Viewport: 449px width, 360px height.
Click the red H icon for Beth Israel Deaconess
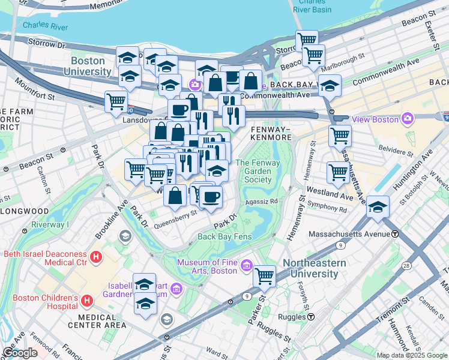coord(96,258)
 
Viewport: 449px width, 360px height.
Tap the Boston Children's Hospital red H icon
coord(86,299)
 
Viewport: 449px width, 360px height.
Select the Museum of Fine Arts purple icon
coord(245,265)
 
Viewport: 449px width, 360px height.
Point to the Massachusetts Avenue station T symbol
coord(395,233)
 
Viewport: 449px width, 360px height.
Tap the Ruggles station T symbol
coord(312,317)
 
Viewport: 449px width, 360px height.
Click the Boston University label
coord(91,66)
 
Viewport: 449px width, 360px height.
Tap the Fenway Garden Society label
coord(253,171)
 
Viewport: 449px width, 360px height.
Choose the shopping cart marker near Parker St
coord(265,276)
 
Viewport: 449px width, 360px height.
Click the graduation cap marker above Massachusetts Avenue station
coord(378,207)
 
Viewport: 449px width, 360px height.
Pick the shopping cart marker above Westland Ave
coord(339,172)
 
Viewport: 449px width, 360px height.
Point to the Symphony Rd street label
coord(327,210)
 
